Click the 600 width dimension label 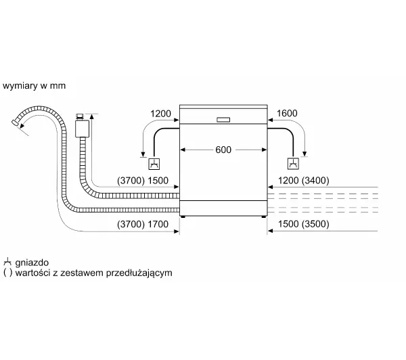pyautogui.click(x=223, y=150)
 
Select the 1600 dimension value pyautogui.click(x=287, y=113)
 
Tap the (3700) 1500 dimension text pyautogui.click(x=143, y=181)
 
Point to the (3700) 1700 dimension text pyautogui.click(x=143, y=224)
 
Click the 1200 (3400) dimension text pyautogui.click(x=303, y=181)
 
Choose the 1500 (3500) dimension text pyautogui.click(x=303, y=224)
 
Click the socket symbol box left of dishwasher pyautogui.click(x=154, y=164)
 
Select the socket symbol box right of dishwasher pyautogui.click(x=293, y=164)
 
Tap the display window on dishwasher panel pyautogui.click(x=223, y=120)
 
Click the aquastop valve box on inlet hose pyautogui.click(x=82, y=129)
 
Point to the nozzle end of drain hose pyautogui.click(x=16, y=122)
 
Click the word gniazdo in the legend pyautogui.click(x=32, y=263)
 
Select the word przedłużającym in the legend pyautogui.click(x=139, y=273)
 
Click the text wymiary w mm pyautogui.click(x=34, y=86)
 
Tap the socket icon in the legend pyautogui.click(x=7, y=262)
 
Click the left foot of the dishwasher pyautogui.click(x=183, y=217)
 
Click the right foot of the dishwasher pyautogui.click(x=264, y=217)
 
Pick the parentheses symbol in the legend pyautogui.click(x=7, y=273)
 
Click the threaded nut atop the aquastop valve pyautogui.click(x=80, y=116)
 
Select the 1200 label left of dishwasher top pyautogui.click(x=160, y=114)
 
